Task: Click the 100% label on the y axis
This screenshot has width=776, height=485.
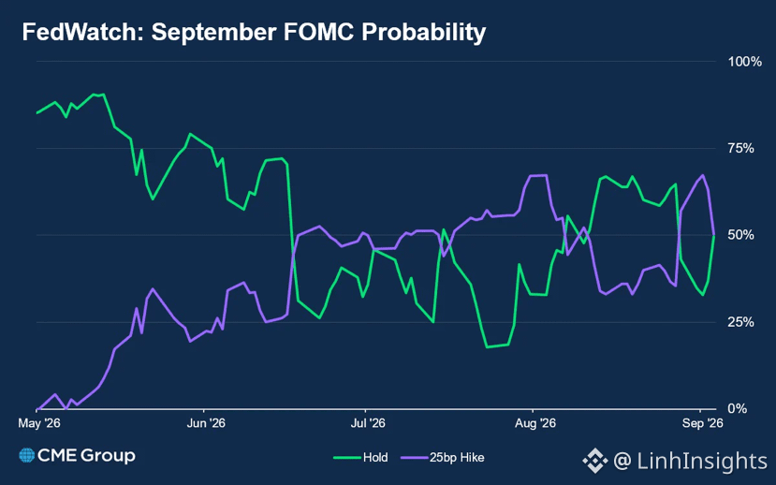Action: pos(744,62)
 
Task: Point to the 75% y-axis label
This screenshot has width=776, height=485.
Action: pos(740,149)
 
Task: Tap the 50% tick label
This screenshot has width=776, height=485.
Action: pos(740,235)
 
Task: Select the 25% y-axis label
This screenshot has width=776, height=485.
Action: pos(740,322)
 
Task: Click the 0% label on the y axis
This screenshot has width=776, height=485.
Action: pos(738,409)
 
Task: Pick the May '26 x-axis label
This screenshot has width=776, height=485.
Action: pos(39,423)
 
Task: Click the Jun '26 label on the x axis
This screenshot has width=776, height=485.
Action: pos(206,423)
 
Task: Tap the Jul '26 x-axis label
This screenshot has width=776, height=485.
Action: pos(368,423)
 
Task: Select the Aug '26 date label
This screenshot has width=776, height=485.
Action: pos(535,423)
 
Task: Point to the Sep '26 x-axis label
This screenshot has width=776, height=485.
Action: pos(702,423)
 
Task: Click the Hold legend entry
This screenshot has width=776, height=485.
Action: pos(360,457)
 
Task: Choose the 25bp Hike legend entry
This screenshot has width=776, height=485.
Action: pos(443,457)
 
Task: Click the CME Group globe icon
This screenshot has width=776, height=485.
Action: pos(27,455)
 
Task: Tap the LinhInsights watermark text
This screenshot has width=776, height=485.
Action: pos(702,461)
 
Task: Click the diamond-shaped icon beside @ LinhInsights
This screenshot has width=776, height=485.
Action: pos(594,461)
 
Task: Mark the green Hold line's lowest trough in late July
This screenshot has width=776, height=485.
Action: pos(487,347)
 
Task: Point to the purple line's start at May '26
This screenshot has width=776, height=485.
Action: pos(37,409)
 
